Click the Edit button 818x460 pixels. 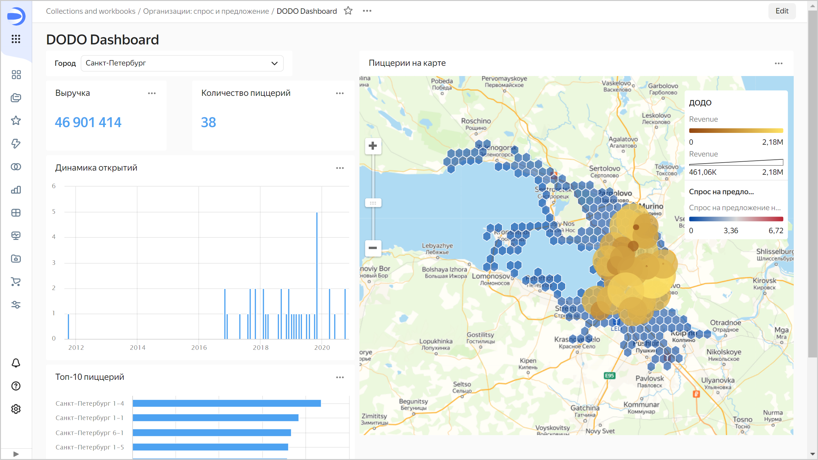tap(782, 11)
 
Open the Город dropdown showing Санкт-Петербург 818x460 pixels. tap(182, 63)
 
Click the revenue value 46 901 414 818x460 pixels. tap(88, 122)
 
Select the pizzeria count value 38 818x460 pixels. tap(208, 122)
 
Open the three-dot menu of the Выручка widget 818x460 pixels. tap(152, 93)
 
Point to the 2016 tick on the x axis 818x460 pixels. tap(199, 348)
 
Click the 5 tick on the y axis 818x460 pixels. tap(54, 211)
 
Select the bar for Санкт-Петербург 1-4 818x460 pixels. tap(227, 403)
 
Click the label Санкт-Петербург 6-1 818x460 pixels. tap(89, 433)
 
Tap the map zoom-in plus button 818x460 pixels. tap(373, 146)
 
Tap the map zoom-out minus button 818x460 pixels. tap(373, 248)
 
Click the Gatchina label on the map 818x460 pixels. tap(585, 408)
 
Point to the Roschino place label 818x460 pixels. tap(476, 121)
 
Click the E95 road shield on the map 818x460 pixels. tap(609, 376)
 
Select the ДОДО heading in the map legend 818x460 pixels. tap(700, 103)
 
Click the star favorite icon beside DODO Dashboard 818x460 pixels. tap(348, 11)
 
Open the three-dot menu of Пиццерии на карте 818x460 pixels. tap(778, 64)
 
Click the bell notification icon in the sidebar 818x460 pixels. tap(16, 363)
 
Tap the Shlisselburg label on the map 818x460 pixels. tap(774, 252)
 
